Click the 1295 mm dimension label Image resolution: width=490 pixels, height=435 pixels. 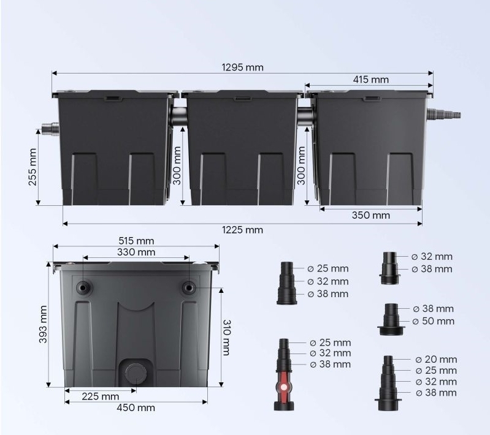click(242, 67)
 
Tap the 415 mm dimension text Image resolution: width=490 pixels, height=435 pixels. click(371, 80)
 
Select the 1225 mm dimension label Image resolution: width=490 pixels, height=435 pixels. click(242, 230)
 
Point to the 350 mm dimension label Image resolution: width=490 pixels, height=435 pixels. click(371, 215)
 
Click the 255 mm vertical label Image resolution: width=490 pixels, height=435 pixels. click(33, 167)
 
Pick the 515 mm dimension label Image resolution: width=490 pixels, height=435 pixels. click(136, 241)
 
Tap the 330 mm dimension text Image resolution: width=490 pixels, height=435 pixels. click(136, 252)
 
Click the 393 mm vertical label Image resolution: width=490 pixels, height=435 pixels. click(42, 325)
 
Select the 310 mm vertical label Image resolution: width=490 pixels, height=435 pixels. click(226, 337)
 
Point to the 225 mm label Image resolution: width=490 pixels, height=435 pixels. click(101, 396)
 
